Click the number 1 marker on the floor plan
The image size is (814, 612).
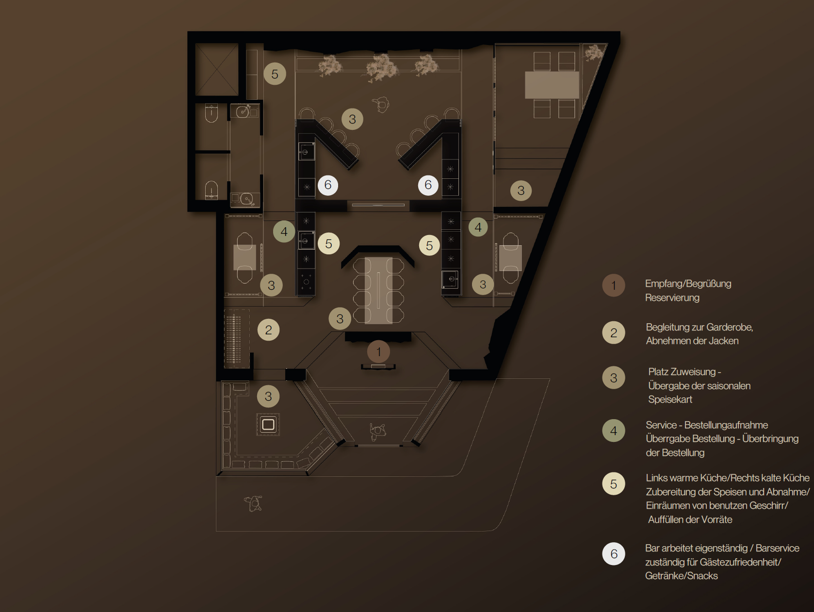pyautogui.click(x=378, y=352)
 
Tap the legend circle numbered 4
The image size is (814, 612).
pyautogui.click(x=613, y=430)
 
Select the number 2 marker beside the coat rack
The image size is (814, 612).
pyautogui.click(x=268, y=330)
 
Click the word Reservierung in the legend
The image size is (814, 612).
pyautogui.click(x=672, y=298)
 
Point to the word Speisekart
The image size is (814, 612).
pyautogui.click(x=670, y=399)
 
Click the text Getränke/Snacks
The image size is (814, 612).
pyautogui.click(x=681, y=576)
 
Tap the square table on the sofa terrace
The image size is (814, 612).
pyautogui.click(x=268, y=424)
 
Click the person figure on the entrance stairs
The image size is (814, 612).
pyautogui.click(x=378, y=432)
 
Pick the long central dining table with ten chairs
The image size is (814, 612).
pyautogui.click(x=378, y=290)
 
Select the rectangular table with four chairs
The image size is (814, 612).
pyautogui.click(x=552, y=85)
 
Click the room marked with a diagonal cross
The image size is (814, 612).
pyautogui.click(x=217, y=69)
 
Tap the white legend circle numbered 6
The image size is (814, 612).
pyautogui.click(x=613, y=553)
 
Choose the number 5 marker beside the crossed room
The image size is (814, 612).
pyautogui.click(x=275, y=74)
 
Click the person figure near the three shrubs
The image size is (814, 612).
pyautogui.click(x=381, y=104)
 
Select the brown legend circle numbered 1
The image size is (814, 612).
pyautogui.click(x=613, y=285)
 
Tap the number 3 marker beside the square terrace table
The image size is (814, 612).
pyautogui.click(x=268, y=396)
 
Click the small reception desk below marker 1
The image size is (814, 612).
pyautogui.click(x=378, y=367)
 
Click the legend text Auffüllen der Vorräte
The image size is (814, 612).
pyautogui.click(x=690, y=519)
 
